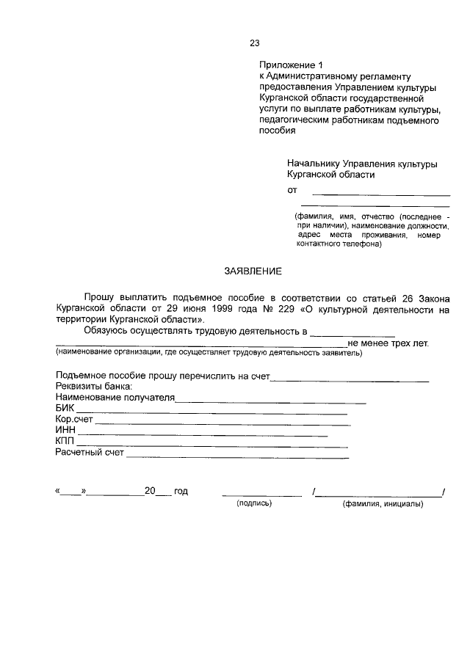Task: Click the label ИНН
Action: point(65,431)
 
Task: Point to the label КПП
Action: point(65,442)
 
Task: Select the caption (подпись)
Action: point(254,503)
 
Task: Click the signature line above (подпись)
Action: point(261,495)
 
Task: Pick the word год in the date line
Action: point(181,492)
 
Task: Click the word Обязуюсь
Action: point(107,332)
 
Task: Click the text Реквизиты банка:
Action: point(93,387)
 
